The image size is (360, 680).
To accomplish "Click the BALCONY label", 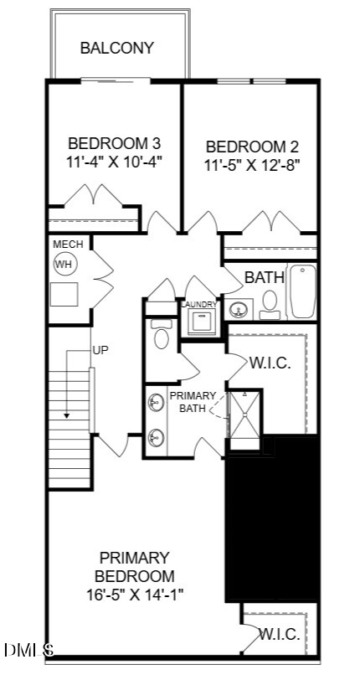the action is point(117,48).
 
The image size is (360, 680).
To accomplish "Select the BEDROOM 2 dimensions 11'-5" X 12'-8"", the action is point(253,165).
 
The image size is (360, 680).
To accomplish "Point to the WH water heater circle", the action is point(65,264).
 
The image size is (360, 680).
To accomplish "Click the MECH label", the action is point(68,245).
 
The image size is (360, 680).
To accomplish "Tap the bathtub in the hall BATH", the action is point(303,291).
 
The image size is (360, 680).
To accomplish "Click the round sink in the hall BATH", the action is point(238,310).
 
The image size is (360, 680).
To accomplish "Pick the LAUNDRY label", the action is point(198,305).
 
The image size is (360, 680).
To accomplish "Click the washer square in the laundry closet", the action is point(202,322).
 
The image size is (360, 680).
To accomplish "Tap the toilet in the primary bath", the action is point(162,334).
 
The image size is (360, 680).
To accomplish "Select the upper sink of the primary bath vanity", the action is point(155,402).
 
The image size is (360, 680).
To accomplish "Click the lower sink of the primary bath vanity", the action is point(155,437).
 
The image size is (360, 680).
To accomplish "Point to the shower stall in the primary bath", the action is point(244,415).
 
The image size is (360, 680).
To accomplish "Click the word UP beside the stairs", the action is point(100,350).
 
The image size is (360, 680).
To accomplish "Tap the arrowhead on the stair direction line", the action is point(66,416).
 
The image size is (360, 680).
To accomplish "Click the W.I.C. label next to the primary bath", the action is point(270,363).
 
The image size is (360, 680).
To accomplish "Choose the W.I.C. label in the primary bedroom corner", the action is point(280,635).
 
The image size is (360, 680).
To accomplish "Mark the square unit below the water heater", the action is point(64,295).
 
